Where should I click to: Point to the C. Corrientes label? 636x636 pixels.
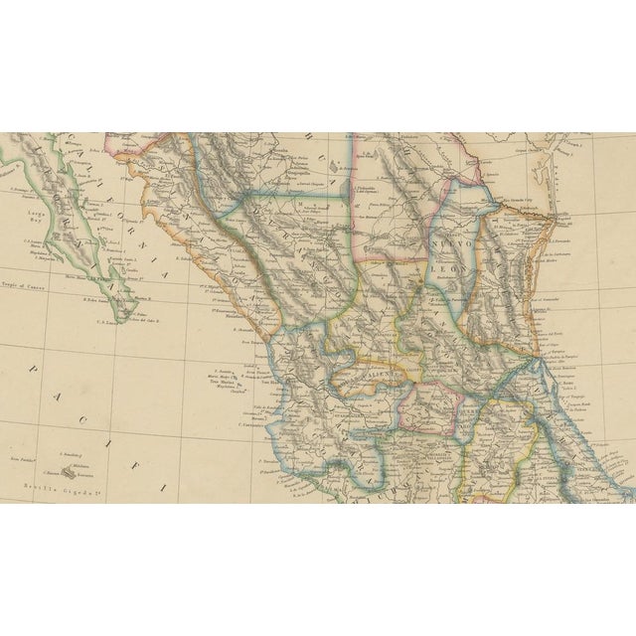[x=249, y=425]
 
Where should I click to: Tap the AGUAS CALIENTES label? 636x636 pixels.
[x=374, y=379]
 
